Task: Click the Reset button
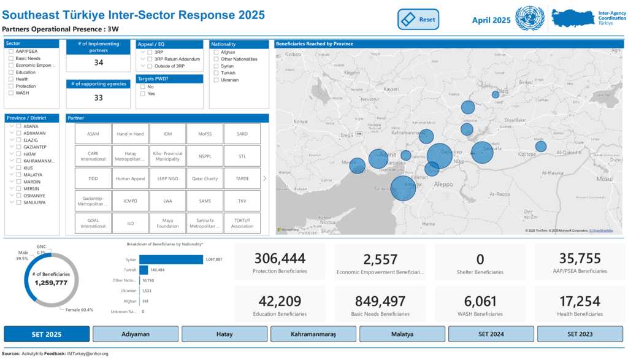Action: pyautogui.click(x=419, y=20)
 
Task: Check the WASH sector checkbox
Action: pyautogui.click(x=12, y=93)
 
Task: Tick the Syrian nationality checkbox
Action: pyautogui.click(x=215, y=66)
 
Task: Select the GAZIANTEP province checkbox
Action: pyautogui.click(x=19, y=147)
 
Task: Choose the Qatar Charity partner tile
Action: pyautogui.click(x=205, y=178)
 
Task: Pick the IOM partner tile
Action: pyautogui.click(x=167, y=134)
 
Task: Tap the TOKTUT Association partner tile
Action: pyautogui.click(x=242, y=223)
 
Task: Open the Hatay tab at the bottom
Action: pyautogui.click(x=224, y=334)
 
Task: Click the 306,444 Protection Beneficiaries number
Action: pyautogui.click(x=280, y=259)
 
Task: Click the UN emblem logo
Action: pyautogui.click(x=529, y=19)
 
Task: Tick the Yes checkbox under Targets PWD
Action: pyautogui.click(x=143, y=94)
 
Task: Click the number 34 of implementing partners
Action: pyautogui.click(x=98, y=63)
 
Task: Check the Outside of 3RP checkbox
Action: pyautogui.click(x=150, y=66)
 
